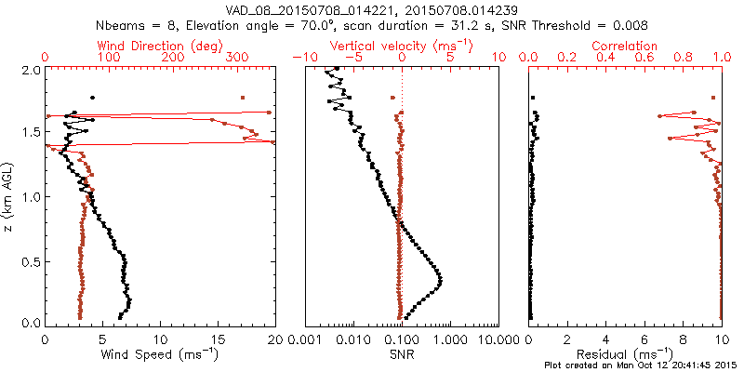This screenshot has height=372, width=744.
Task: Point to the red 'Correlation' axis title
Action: click(627, 46)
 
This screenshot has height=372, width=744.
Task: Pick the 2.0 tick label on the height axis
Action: click(31, 71)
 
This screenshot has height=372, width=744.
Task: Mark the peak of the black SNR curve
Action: click(440, 281)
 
